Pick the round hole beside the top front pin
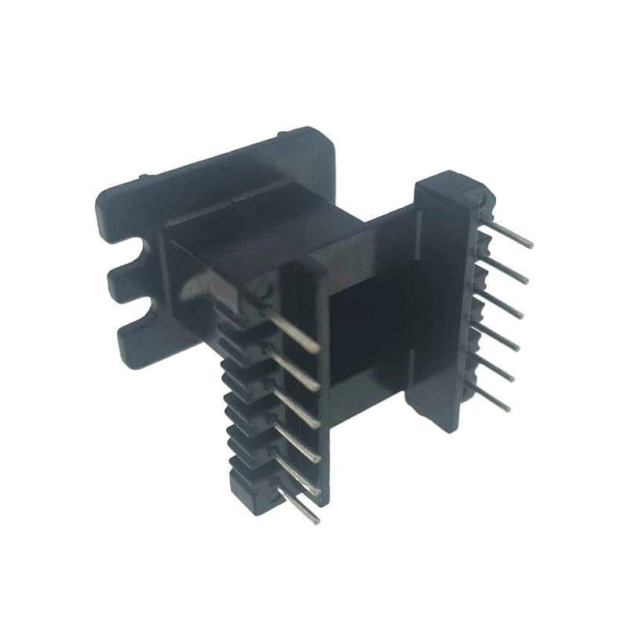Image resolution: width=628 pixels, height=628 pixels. (263, 292)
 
